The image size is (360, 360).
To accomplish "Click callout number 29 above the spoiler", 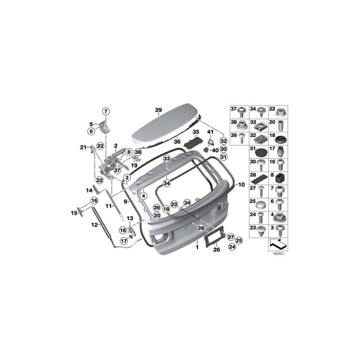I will (158, 109).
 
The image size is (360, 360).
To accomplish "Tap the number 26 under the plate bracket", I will (216, 250).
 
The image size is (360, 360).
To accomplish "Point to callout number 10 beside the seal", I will (242, 184).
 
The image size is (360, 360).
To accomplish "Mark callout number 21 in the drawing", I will (83, 147).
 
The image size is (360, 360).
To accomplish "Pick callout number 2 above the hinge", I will (115, 145).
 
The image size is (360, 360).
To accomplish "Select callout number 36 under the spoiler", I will (178, 142).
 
